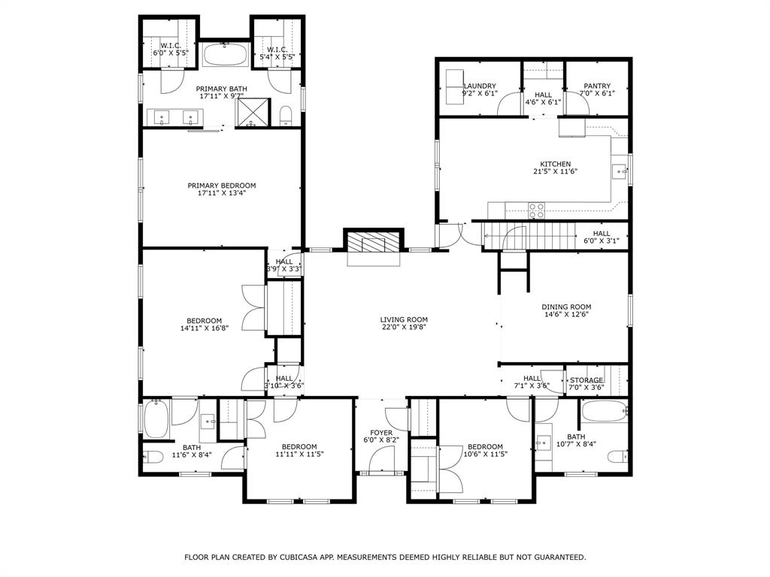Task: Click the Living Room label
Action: (404, 319)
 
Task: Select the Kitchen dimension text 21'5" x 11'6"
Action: (555, 171)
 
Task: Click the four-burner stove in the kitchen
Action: (536, 210)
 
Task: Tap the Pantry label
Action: (597, 86)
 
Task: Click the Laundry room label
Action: (480, 86)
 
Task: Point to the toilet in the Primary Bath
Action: (286, 116)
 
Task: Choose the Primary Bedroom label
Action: (222, 186)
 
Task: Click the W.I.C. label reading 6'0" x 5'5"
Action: (170, 50)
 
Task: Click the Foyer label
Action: (381, 433)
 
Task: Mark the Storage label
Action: (587, 380)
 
